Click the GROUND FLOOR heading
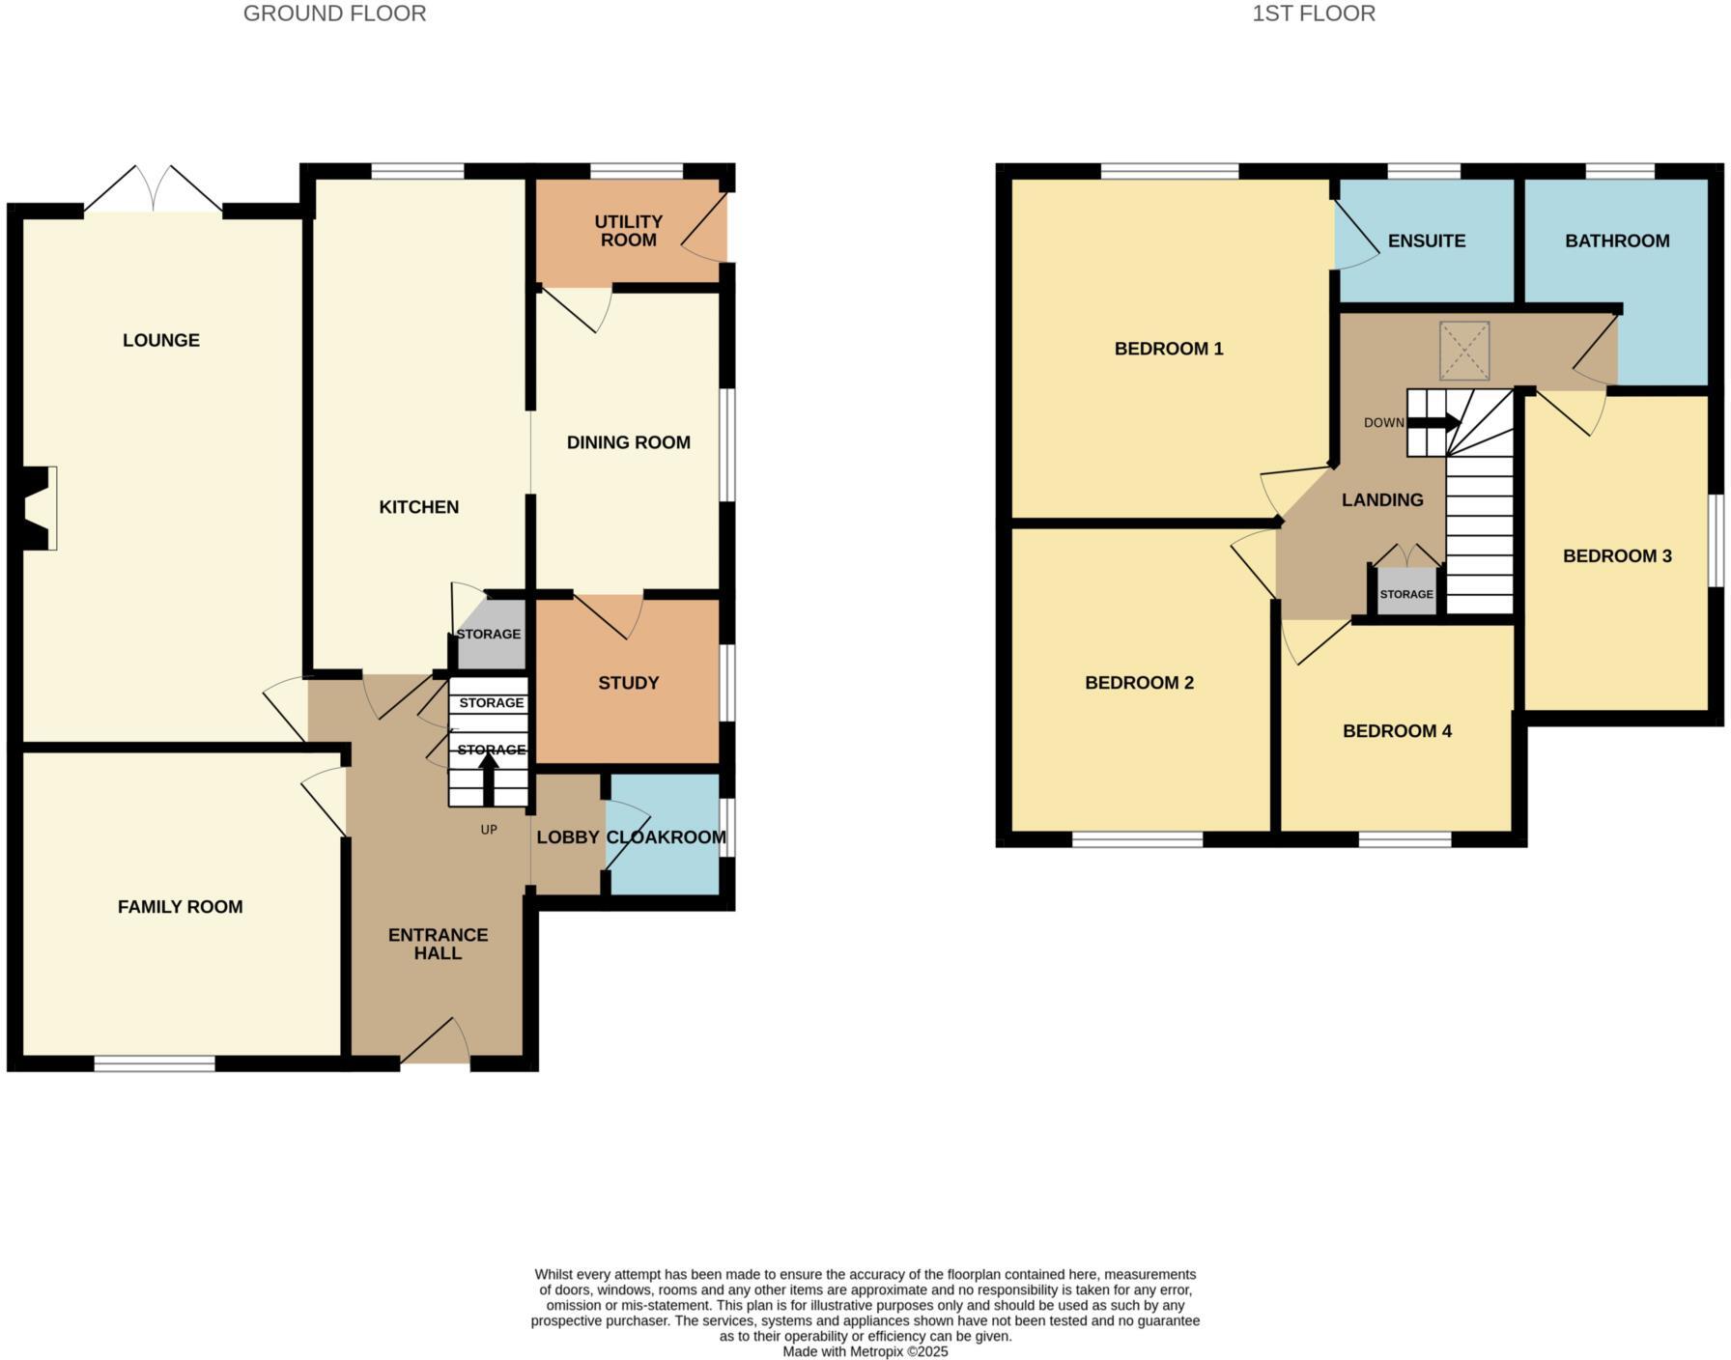[334, 14]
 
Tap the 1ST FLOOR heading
[1314, 14]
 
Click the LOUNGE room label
[161, 340]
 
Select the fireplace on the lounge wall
[40, 508]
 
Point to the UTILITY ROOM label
[628, 231]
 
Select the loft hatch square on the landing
[1464, 351]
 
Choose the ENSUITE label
[1427, 241]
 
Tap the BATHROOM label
[1617, 241]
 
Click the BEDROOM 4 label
[1397, 731]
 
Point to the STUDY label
[628, 683]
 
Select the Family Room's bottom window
[155, 1063]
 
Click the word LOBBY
[568, 837]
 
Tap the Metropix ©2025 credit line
[865, 1351]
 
